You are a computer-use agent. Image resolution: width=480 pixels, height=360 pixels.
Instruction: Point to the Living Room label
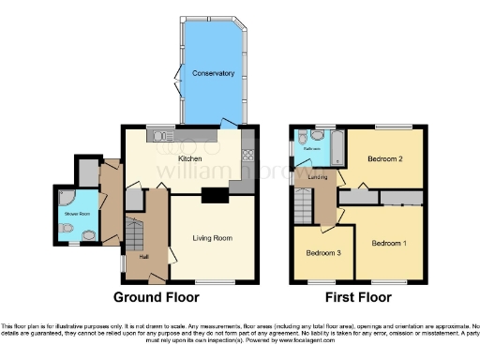point(212,238)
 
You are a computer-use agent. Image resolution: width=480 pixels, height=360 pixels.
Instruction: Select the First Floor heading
point(356,297)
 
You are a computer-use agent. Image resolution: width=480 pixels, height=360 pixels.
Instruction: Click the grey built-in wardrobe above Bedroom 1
point(403,199)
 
